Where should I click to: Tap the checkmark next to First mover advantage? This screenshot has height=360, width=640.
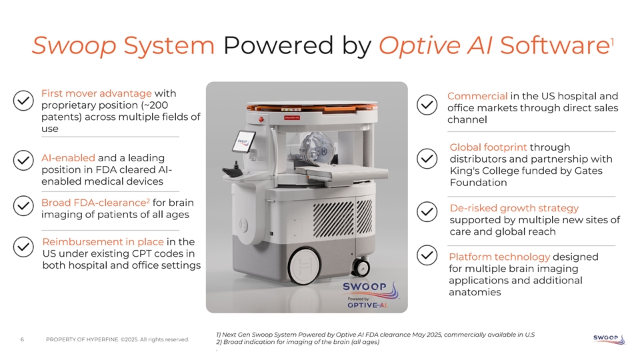(23, 99)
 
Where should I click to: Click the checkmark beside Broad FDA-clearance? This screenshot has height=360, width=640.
(23, 205)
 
